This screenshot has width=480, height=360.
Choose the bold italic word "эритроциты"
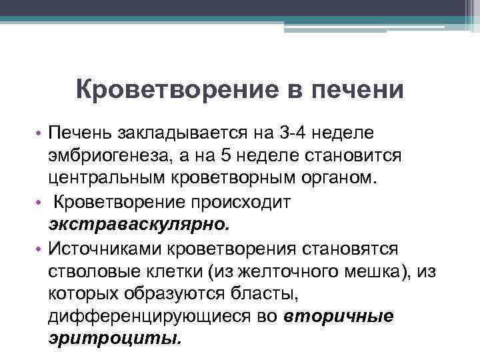pos(114,339)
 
